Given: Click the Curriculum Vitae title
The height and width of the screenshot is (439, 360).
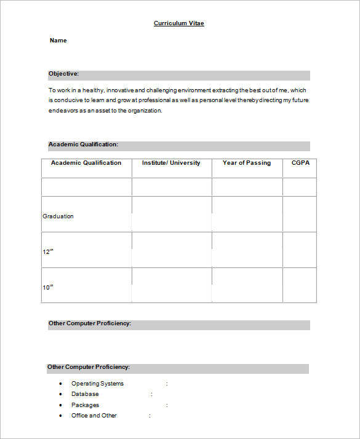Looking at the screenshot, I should click(178, 23).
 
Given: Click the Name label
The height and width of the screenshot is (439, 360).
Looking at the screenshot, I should click(58, 41).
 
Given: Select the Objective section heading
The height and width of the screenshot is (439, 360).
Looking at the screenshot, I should click(64, 74).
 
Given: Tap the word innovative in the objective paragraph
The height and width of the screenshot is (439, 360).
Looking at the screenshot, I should click(121, 90).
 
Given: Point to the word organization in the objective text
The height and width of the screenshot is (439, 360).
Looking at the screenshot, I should click(145, 111).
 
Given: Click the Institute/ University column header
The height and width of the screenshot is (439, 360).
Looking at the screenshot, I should click(171, 163).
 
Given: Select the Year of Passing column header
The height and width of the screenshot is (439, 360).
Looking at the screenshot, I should click(247, 163).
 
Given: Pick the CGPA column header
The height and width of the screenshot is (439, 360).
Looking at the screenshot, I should click(300, 163).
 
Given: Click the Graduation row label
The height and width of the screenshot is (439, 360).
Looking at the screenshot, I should click(58, 216).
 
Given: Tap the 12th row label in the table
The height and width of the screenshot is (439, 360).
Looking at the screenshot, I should click(48, 252).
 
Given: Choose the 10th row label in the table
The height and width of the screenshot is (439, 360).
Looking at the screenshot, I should click(48, 287).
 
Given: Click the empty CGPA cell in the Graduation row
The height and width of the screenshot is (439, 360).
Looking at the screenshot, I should click(300, 214).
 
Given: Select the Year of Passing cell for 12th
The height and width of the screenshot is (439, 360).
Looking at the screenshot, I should click(247, 250).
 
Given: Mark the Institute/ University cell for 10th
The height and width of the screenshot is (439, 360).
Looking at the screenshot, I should click(171, 285).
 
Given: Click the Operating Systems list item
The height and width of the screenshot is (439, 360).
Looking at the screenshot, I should click(97, 384).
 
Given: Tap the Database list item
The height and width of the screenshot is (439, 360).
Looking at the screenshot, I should click(85, 394).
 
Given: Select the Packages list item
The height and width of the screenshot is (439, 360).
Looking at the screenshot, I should click(85, 405).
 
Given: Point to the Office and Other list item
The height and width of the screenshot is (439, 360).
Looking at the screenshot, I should click(94, 416).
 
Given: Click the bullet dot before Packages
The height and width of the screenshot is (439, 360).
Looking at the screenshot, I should click(60, 405).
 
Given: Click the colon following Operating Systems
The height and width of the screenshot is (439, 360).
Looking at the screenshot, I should click(167, 384).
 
